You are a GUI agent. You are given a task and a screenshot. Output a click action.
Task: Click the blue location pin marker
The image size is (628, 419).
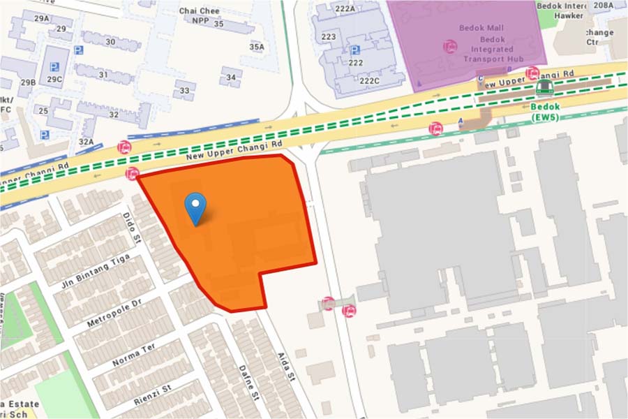pos(195,207)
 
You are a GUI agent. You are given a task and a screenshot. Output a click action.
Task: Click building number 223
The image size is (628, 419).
pos(329,36)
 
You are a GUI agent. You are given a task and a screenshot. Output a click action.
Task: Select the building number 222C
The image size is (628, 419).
pos(369,81)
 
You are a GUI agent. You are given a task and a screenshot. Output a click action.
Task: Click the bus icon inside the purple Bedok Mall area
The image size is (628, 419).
pos(451,47)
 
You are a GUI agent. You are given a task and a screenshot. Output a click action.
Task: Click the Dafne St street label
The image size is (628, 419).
pos(248,383)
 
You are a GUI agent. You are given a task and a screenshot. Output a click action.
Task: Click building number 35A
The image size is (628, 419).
pos(257,47)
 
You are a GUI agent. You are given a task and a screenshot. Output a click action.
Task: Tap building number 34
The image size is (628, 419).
pos(231,77)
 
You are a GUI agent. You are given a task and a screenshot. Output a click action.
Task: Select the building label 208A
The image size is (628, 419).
pos(603,6)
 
